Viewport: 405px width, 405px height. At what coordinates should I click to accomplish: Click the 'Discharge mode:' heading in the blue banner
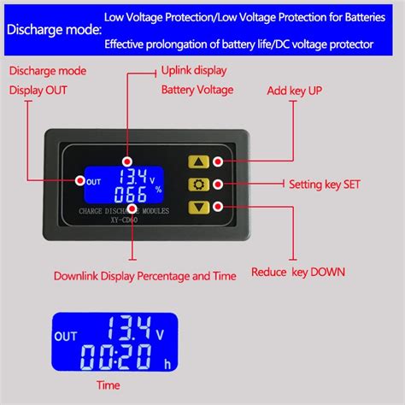point(50,29)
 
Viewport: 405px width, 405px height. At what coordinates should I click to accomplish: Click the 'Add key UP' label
point(296,90)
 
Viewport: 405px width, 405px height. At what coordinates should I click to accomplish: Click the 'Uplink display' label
point(192,71)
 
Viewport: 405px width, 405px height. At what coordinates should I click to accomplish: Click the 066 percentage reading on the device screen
point(134,198)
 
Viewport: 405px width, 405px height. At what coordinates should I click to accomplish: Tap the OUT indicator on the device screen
point(94,180)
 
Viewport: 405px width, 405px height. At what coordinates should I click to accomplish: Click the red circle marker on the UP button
point(219,161)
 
